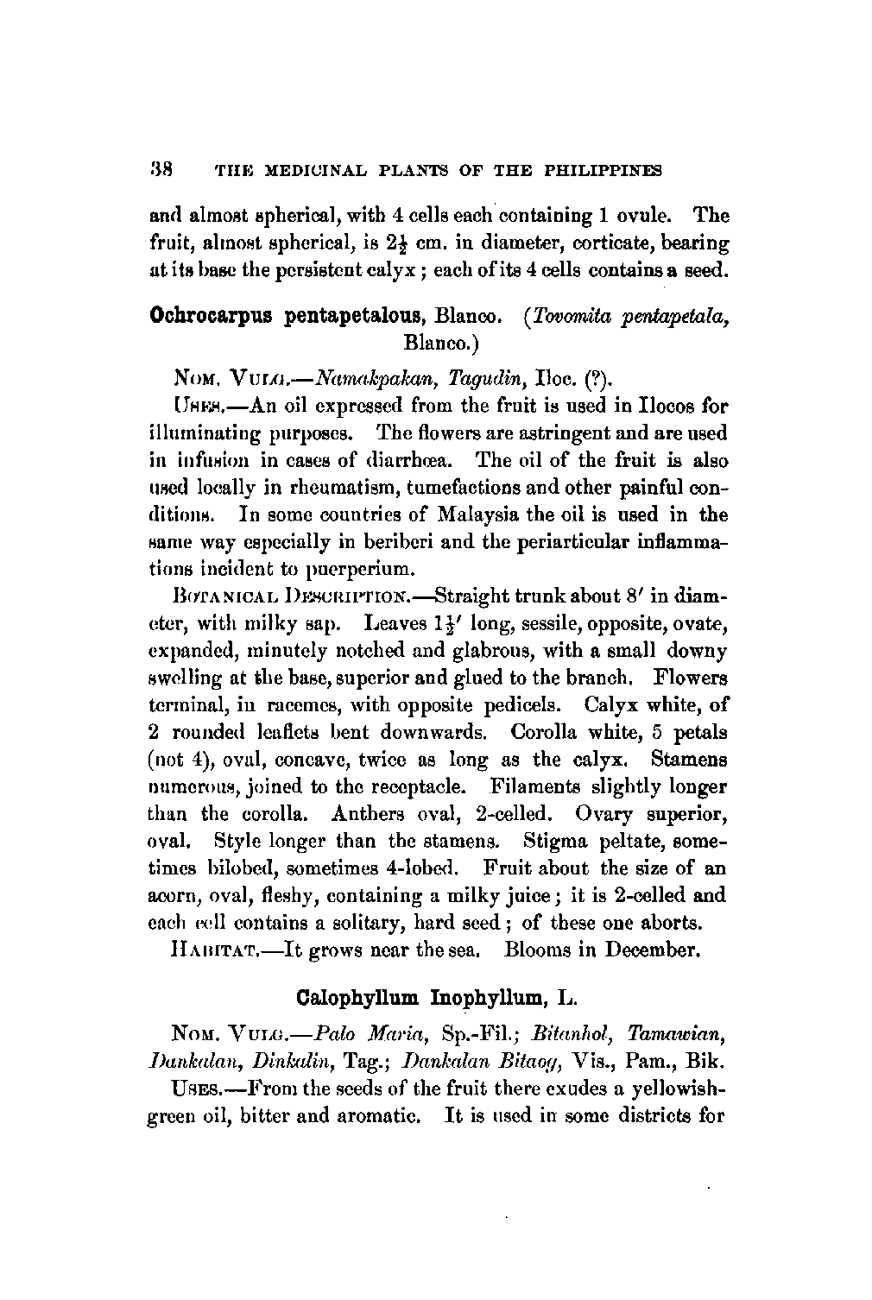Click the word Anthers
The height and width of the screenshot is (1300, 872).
(x=364, y=813)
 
